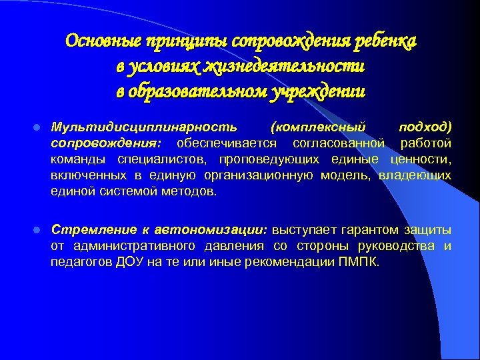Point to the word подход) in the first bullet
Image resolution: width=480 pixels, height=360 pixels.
425,126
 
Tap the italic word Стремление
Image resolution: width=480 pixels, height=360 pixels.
95,230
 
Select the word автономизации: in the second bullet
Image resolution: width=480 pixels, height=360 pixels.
211,230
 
